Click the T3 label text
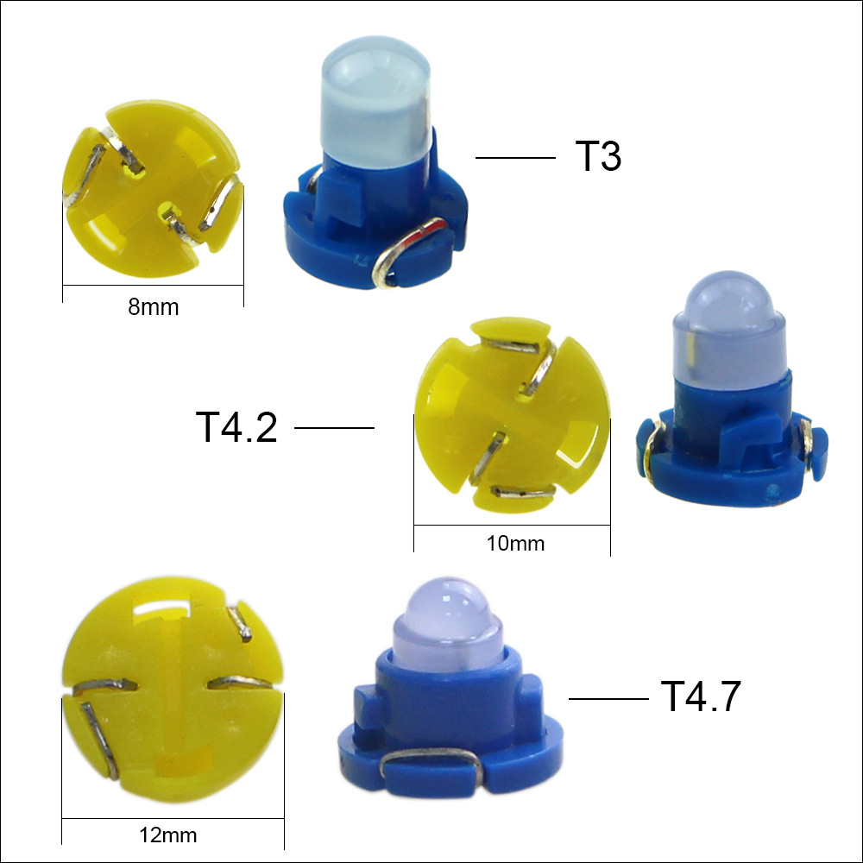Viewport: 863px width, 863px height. point(598,156)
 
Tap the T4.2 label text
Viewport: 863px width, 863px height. point(236,427)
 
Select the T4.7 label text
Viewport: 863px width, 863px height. point(701,696)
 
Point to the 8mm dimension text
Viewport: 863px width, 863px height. point(154,307)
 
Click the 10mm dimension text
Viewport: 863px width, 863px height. point(516,544)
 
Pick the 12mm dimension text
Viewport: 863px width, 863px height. point(168,835)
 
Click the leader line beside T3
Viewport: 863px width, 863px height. point(516,158)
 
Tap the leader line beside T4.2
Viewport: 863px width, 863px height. point(335,428)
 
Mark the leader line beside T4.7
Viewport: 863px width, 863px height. point(608,699)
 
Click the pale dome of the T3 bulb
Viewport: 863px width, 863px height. point(375,99)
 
